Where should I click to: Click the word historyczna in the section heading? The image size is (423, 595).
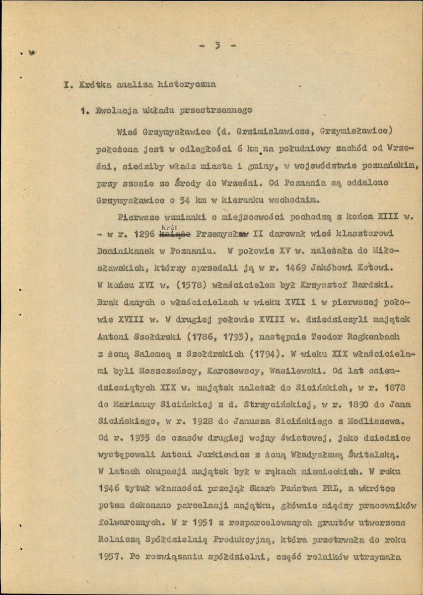[187, 84]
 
